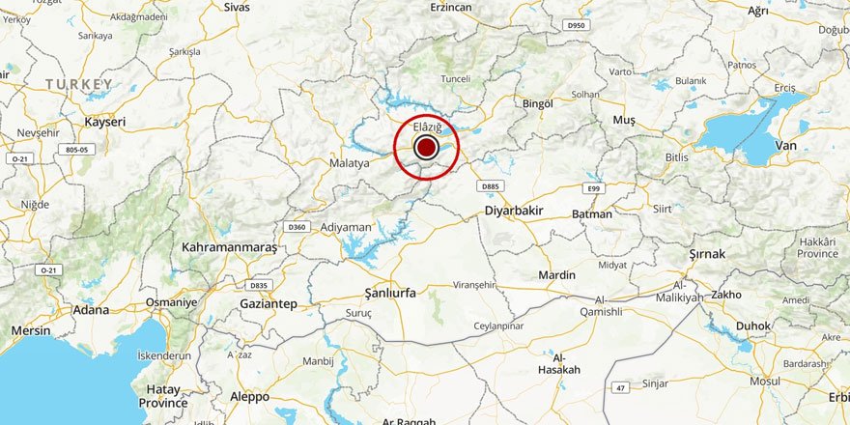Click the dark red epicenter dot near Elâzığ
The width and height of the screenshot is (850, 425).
pos(426,148)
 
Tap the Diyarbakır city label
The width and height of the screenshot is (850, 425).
pos(514,211)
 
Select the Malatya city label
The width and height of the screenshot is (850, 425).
pos(350,163)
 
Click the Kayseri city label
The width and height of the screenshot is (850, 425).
pos(105,123)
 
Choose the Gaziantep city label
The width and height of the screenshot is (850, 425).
pos(269,303)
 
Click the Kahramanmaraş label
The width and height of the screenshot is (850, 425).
pos(229,248)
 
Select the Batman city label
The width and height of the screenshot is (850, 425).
pos(592,213)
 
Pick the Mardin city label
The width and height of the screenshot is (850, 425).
pos(556,275)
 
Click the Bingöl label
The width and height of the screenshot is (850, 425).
pos(537,103)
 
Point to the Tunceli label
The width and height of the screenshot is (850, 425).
pos(455,79)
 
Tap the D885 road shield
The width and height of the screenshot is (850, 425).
pos(492,185)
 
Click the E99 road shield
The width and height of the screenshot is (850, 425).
pos(593,188)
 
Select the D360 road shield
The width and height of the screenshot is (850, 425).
pos(297,227)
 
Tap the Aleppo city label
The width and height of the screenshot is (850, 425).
pos(249,397)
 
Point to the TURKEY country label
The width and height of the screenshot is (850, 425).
pos(79,86)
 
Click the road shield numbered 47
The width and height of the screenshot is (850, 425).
pos(619,387)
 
